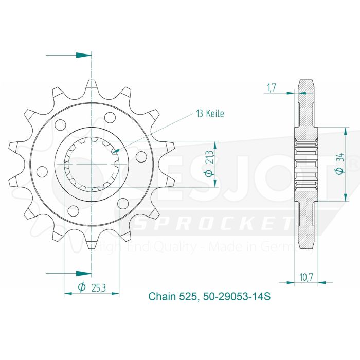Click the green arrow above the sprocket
click(80, 55)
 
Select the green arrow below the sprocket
click(80, 273)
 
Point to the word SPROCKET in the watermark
click(216, 225)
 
